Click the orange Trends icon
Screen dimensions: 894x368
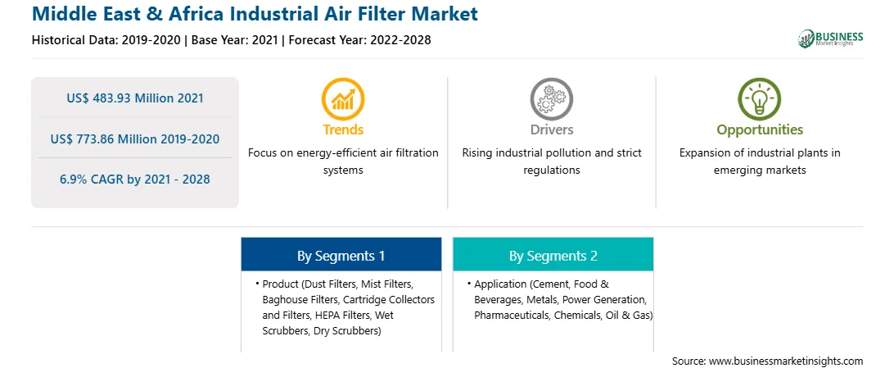[x=343, y=98]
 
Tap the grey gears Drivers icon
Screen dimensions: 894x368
[x=551, y=98]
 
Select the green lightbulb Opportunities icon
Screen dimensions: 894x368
[x=760, y=98]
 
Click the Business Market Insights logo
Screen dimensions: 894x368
[x=831, y=39]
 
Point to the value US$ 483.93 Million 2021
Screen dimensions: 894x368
[x=135, y=98]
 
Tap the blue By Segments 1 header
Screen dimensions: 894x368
[x=341, y=254]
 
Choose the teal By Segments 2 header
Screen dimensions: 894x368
[x=553, y=254]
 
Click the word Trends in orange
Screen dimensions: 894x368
[x=343, y=129]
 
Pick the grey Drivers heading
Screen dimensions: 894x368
[x=552, y=129]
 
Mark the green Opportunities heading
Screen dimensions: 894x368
[x=760, y=130]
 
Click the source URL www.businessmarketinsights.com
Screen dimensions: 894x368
[x=786, y=361]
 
